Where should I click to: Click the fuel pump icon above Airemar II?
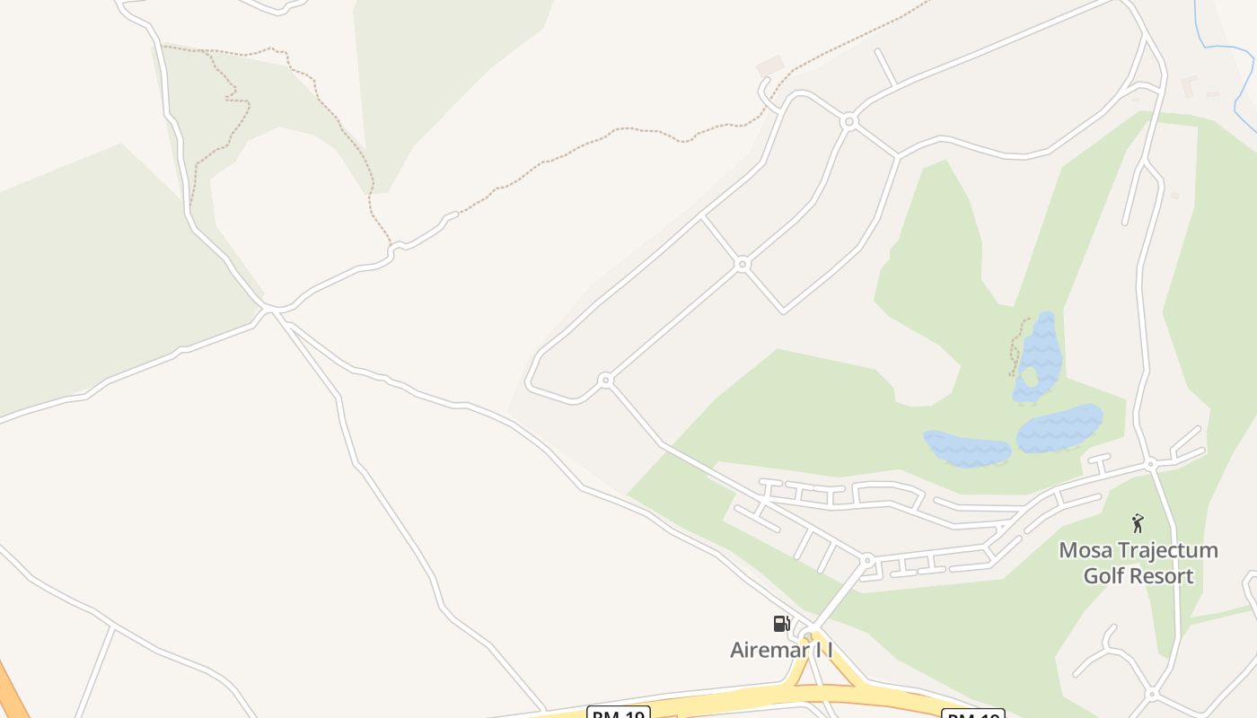point(781,623)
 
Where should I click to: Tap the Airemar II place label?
point(781,650)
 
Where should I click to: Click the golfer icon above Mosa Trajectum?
point(1138,523)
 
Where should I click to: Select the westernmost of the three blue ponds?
point(967,448)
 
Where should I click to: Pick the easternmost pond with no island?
point(1059,429)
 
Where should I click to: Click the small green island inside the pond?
point(1031,378)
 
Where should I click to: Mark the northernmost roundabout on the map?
point(848,120)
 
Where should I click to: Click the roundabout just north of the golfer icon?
point(1150,464)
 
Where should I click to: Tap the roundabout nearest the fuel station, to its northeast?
point(866,560)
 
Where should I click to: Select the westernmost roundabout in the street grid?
point(605,381)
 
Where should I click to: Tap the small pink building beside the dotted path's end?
point(769,66)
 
